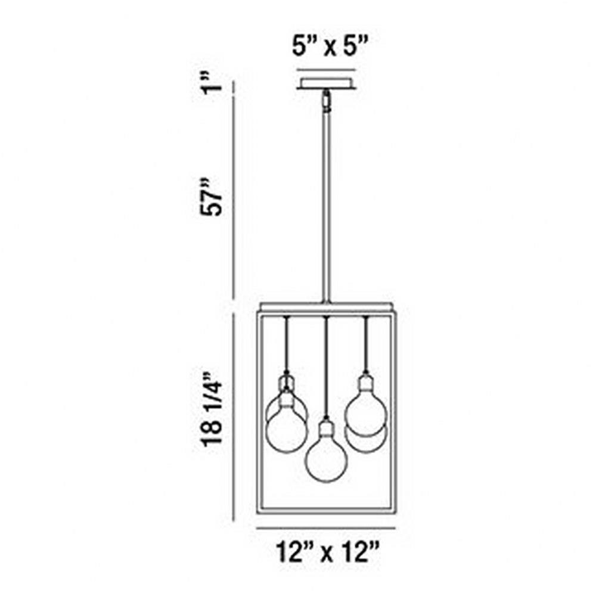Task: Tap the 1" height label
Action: point(212,84)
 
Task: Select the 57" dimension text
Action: point(212,197)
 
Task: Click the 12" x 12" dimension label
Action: point(327,552)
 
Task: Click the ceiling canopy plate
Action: point(327,84)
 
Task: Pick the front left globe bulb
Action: point(286,432)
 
